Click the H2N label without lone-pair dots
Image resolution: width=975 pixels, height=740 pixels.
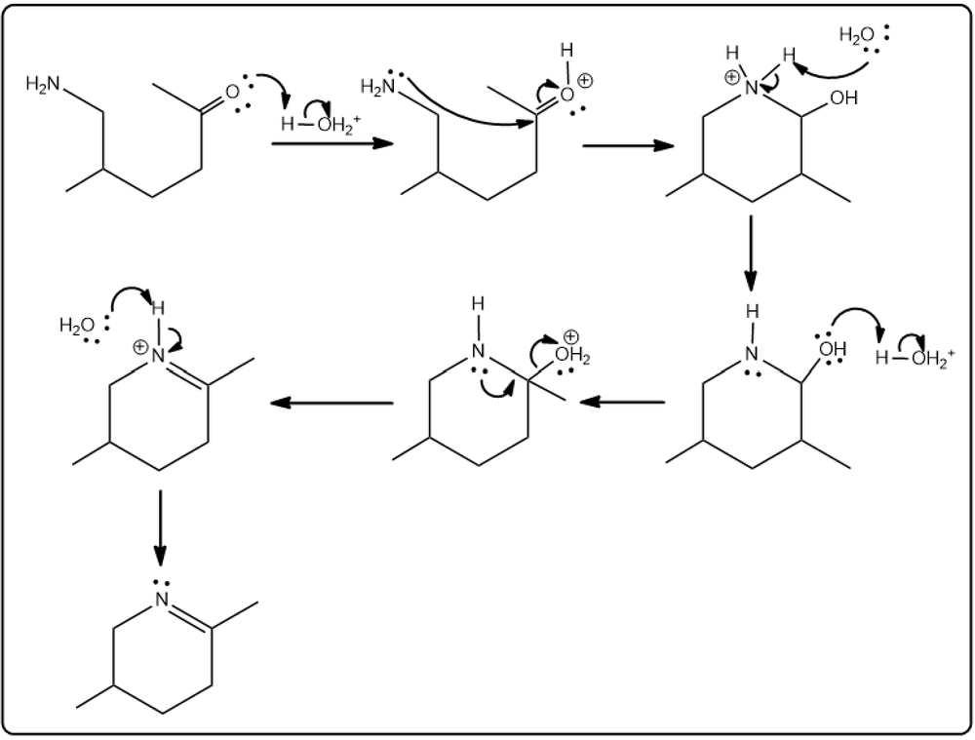[x=44, y=83]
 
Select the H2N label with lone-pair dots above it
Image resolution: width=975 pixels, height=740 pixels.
[x=378, y=87]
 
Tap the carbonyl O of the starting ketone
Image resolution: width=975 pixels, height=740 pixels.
[x=232, y=93]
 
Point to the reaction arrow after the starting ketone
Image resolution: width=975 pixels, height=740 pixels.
[x=332, y=143]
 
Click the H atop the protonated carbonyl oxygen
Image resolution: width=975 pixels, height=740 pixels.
[x=566, y=51]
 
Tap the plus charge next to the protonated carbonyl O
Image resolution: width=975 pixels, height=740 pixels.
[x=585, y=80]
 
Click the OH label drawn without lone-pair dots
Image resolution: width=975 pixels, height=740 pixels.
[x=843, y=97]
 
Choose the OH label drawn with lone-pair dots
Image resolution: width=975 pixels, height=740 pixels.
[x=832, y=349]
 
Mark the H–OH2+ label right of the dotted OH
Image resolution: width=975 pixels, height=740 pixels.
[x=915, y=359]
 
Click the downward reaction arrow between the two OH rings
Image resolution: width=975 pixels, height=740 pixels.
[x=751, y=253]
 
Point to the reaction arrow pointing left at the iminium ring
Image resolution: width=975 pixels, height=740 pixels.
[x=331, y=403]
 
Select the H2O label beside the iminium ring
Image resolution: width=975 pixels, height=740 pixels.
[x=77, y=326]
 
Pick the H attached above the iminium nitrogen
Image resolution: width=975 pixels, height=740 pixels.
[x=158, y=308]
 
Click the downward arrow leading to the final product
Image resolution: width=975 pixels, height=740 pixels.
[x=161, y=528]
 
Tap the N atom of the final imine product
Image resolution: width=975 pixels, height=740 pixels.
[x=162, y=600]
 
